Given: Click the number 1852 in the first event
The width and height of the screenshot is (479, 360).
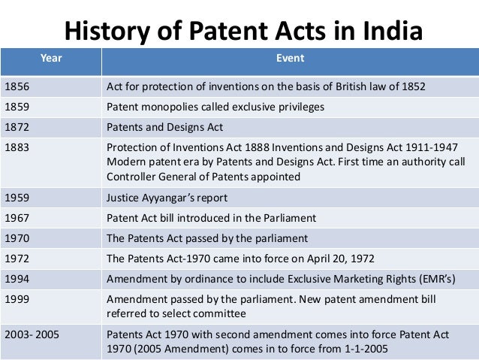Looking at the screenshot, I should tap(411, 86).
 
